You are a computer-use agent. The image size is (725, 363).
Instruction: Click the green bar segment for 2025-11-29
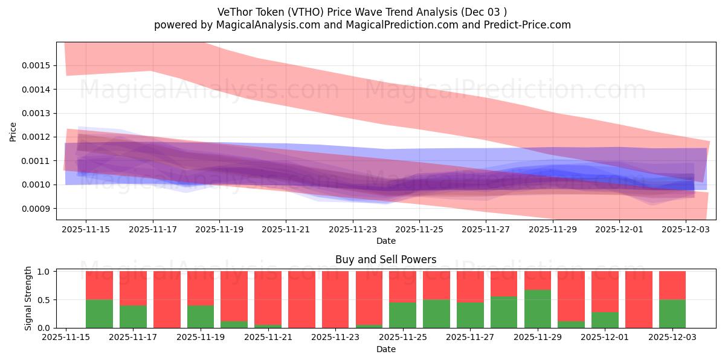538,309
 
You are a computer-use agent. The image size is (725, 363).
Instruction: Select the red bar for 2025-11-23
335,299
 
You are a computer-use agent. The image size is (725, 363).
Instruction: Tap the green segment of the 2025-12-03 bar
672,314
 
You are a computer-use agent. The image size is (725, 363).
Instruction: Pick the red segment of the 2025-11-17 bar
133,288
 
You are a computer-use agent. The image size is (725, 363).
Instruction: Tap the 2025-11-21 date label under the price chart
286,229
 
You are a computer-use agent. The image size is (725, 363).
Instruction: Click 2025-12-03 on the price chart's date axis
686,229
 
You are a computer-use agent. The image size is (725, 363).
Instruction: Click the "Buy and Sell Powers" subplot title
385,260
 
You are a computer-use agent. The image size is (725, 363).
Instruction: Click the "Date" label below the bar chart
385,349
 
